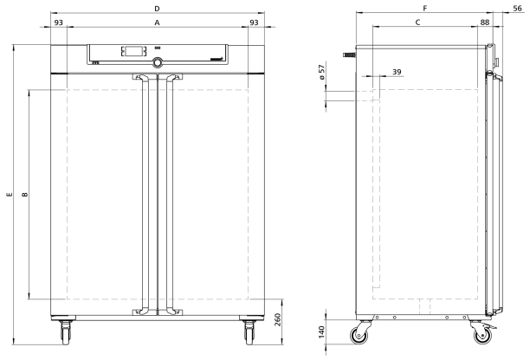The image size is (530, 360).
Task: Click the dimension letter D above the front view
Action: click(157, 9)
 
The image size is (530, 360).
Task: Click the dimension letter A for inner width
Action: click(157, 22)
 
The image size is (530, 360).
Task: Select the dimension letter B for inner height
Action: click(25, 195)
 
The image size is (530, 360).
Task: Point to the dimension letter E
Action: click(10, 195)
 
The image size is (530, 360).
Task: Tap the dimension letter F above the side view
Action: click(425, 9)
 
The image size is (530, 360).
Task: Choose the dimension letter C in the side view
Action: click(417, 22)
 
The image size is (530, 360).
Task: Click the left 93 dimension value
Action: click(59, 22)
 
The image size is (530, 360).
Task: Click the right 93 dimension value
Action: click(254, 22)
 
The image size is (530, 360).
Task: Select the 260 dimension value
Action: click(277, 319)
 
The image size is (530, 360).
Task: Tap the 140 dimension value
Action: click(321, 332)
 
